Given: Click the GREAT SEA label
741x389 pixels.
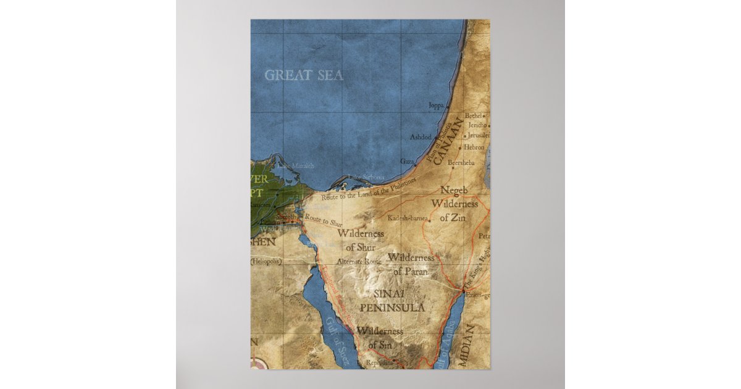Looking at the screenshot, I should point(304,75).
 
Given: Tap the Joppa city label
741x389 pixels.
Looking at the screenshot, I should point(436,106).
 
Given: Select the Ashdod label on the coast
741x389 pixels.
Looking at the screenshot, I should point(421,136).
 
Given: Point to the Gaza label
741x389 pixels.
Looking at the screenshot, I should point(407,161).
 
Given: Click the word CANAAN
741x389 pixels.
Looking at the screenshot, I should point(448,143).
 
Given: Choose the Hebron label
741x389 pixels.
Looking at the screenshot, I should point(474,148).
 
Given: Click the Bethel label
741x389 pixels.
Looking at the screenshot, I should point(473,115).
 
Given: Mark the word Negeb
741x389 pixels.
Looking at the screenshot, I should point(454,191).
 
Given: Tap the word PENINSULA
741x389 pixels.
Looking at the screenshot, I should point(392,307).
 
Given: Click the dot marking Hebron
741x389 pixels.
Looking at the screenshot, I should point(459,148).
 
